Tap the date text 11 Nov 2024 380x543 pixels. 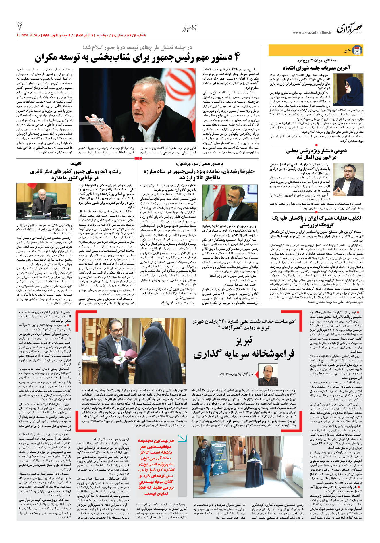click(x=27, y=35)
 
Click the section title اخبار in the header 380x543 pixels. click(x=190, y=28)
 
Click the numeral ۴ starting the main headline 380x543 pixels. click(x=236, y=57)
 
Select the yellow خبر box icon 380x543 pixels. click(x=357, y=50)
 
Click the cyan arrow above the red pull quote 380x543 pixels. click(x=182, y=438)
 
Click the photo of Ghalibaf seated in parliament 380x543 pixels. click(x=44, y=201)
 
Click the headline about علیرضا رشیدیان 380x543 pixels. click(x=199, y=174)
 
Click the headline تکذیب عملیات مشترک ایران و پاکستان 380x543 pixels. click(x=316, y=221)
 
